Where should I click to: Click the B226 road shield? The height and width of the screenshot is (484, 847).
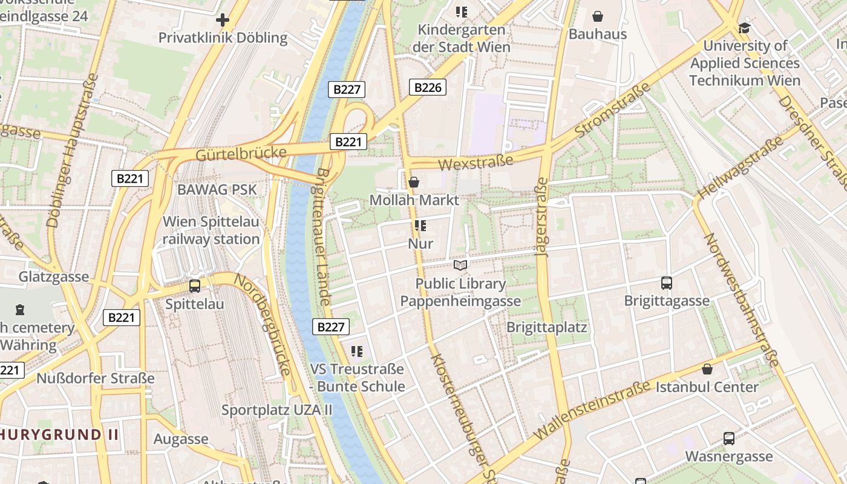click(427, 87)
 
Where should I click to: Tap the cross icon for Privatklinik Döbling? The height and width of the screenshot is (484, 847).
click(223, 21)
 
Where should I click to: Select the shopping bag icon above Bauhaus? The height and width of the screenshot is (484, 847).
click(598, 16)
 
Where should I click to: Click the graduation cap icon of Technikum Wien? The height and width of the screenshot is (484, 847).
click(744, 28)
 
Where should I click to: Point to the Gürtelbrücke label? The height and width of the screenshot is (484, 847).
click(241, 154)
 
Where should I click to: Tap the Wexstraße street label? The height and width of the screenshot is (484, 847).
click(476, 162)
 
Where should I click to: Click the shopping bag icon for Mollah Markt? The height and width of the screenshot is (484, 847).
click(414, 181)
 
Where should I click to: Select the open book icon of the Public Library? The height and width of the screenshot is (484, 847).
click(460, 265)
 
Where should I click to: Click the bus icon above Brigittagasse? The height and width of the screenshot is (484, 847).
click(666, 283)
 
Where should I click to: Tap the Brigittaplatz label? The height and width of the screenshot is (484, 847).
click(547, 327)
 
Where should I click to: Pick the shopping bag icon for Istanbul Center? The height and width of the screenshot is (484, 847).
click(707, 369)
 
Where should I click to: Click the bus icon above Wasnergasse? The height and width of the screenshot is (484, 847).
click(728, 439)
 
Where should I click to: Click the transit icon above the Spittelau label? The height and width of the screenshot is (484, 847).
click(195, 286)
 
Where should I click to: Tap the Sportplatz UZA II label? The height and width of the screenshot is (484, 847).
click(276, 410)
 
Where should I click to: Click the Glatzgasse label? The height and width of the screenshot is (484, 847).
click(54, 277)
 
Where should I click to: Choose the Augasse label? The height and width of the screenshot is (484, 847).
click(181, 439)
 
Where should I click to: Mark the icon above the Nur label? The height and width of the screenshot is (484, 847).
click(420, 226)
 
